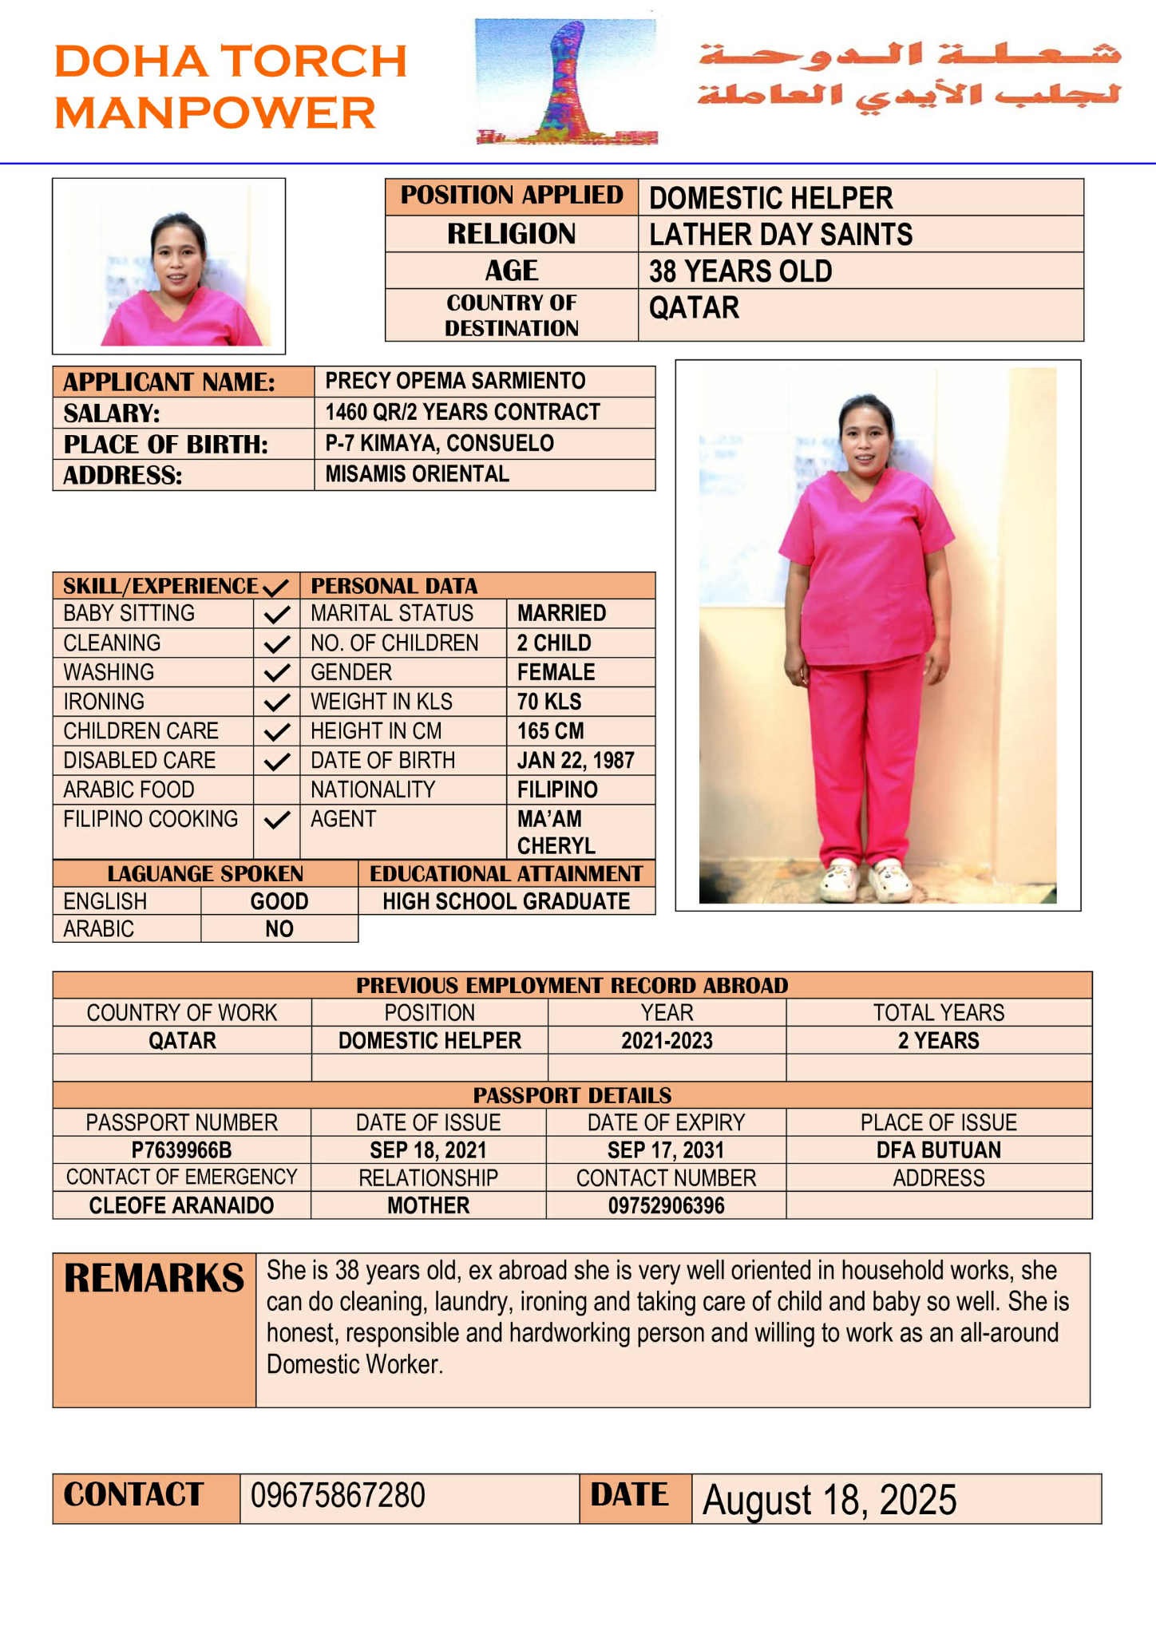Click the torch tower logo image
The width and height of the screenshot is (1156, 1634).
click(x=566, y=82)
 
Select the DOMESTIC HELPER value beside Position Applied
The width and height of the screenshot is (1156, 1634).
click(x=770, y=198)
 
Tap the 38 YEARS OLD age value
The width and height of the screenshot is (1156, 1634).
click(x=740, y=271)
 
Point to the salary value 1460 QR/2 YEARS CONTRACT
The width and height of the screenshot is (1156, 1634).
click(x=462, y=412)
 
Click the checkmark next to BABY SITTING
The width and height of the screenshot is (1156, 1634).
click(x=276, y=615)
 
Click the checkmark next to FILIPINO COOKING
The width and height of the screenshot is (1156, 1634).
click(x=276, y=820)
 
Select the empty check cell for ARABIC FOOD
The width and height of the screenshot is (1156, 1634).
click(x=276, y=789)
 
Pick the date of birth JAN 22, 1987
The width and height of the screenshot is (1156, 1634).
click(x=576, y=760)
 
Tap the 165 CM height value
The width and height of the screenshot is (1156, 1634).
click(x=550, y=730)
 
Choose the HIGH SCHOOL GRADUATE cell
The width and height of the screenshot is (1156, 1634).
click(x=506, y=901)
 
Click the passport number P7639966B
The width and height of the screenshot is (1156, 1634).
click(x=182, y=1149)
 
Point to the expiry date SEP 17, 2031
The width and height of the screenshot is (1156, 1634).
click(x=666, y=1149)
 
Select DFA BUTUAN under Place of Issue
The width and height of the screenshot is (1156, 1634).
click(x=938, y=1149)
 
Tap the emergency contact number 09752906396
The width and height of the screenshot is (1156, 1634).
click(x=666, y=1205)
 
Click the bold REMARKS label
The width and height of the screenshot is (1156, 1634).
click(x=154, y=1278)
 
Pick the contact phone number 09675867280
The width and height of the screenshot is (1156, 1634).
click(x=338, y=1495)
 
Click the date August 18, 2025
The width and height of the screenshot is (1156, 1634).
click(x=829, y=1499)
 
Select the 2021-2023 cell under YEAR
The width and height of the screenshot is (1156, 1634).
click(x=667, y=1040)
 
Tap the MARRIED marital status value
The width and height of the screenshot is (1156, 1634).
click(x=561, y=613)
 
